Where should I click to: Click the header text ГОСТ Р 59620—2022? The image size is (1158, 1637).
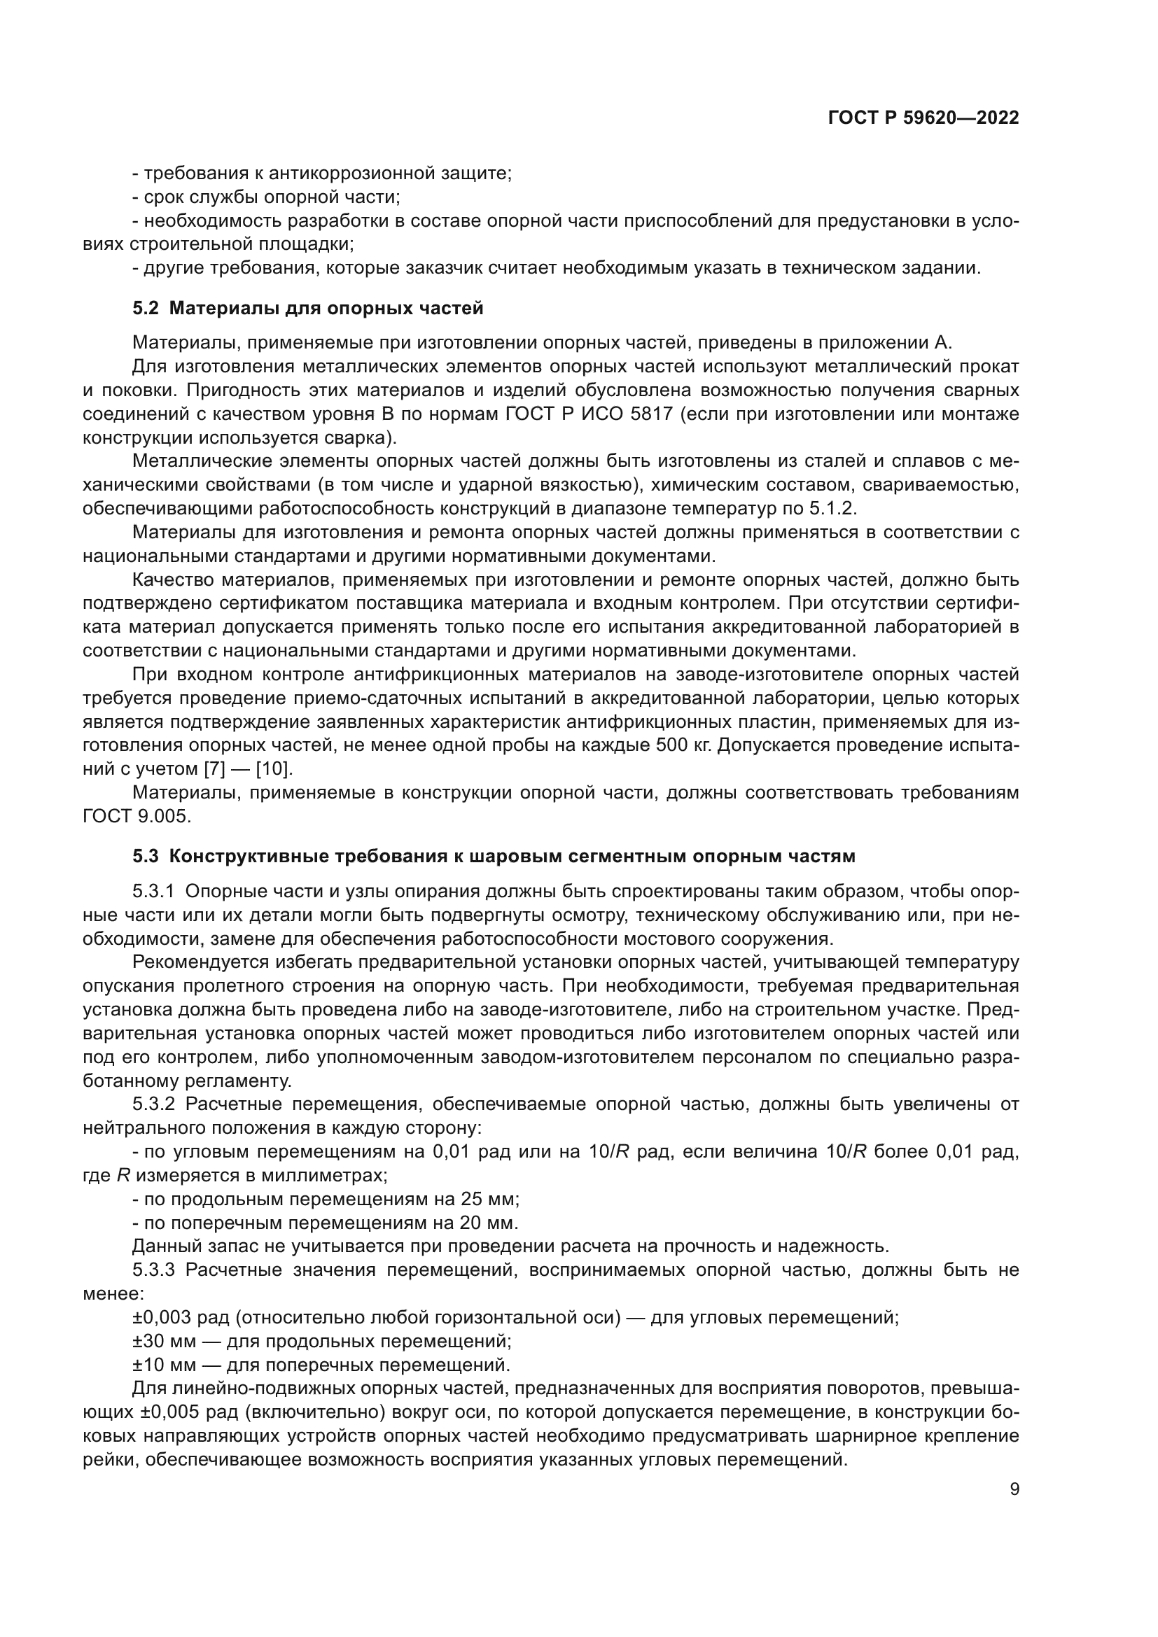click(923, 118)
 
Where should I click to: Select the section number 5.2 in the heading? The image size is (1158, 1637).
click(146, 308)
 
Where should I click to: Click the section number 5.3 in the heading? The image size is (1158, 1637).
click(146, 855)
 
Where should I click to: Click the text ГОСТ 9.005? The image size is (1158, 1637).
click(137, 816)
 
